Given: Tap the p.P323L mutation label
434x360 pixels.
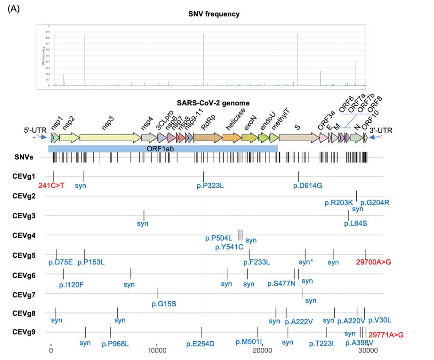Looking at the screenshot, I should pyautogui.click(x=210, y=185).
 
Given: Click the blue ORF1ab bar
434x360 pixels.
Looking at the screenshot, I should pyautogui.click(x=163, y=148).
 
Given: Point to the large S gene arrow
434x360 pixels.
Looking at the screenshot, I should pyautogui.click(x=298, y=137).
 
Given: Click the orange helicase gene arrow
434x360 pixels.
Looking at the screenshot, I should pyautogui.click(x=231, y=137).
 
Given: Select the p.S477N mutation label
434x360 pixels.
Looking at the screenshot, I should pyautogui.click(x=281, y=284).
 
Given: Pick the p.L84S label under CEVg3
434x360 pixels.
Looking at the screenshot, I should pyautogui.click(x=355, y=223).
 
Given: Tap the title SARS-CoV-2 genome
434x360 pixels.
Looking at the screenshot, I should pyautogui.click(x=213, y=103).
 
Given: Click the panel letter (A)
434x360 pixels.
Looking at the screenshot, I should pyautogui.click(x=14, y=8).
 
